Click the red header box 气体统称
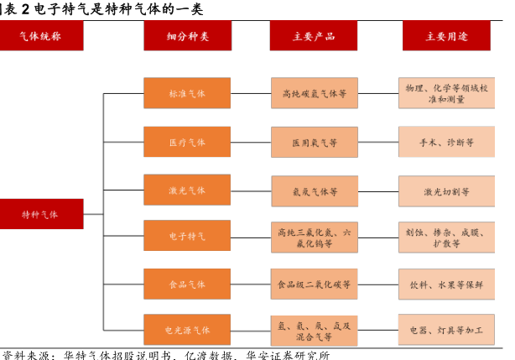coord(40,36)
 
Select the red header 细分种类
coord(187,36)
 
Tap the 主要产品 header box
coord(313,36)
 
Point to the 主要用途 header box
coord(446,36)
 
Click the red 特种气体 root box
coord(41,214)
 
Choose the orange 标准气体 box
coord(187,93)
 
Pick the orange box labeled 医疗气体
coord(187,143)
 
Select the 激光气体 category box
coord(187,190)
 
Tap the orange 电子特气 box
coord(187,237)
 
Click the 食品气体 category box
coord(187,284)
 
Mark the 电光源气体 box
coord(187,331)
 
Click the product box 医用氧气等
coord(315,143)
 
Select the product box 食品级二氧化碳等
coord(315,284)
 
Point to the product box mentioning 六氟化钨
coord(315,237)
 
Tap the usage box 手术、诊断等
coord(446,143)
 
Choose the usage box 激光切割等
coord(446,191)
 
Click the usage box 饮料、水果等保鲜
coord(446,284)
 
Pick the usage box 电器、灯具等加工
coord(446,331)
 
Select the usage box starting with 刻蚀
coord(446,237)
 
